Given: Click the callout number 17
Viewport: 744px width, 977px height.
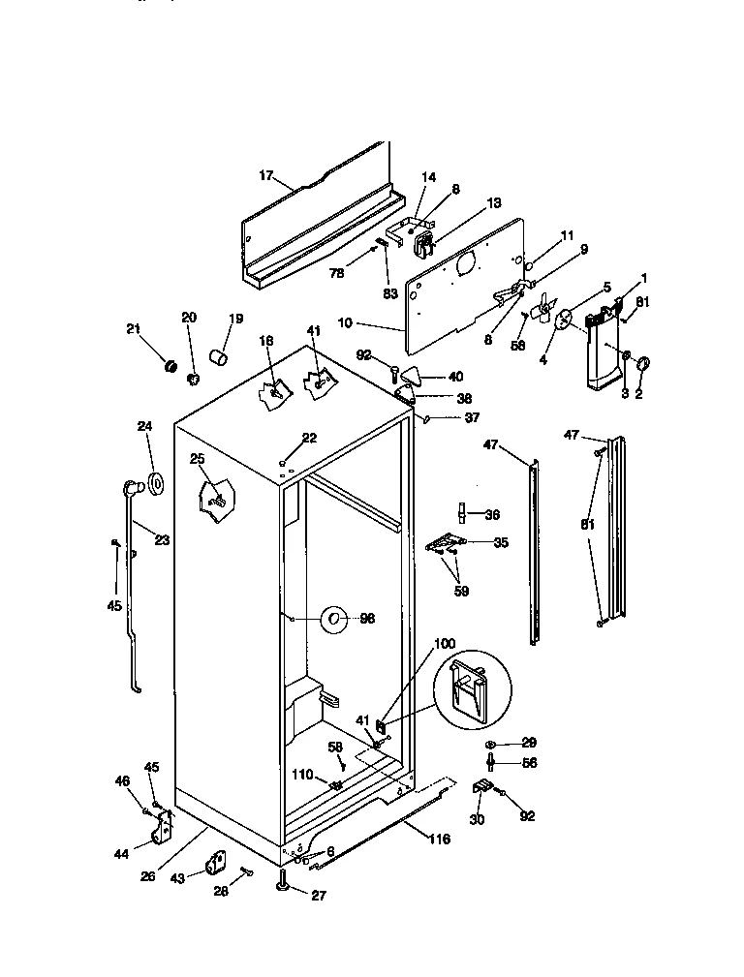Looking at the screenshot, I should (x=266, y=175).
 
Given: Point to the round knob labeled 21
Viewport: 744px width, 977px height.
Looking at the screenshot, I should (x=170, y=366).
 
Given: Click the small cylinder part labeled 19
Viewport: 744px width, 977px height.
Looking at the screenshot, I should (x=220, y=361).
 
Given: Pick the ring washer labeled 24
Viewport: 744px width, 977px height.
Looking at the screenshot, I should (x=152, y=482).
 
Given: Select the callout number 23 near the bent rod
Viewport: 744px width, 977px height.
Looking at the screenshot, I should (x=162, y=540).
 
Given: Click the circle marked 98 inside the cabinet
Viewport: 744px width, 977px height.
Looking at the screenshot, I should (x=333, y=618).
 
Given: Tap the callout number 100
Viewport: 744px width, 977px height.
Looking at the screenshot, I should (x=444, y=644).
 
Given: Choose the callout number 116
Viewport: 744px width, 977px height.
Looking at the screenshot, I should (x=439, y=839).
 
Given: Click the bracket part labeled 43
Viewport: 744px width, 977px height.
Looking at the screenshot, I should (x=214, y=863).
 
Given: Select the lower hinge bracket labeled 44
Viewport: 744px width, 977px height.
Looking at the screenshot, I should (x=165, y=828).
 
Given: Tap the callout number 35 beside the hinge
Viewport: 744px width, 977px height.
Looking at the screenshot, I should (x=500, y=543).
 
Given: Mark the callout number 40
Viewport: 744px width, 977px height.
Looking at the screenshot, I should (x=455, y=377).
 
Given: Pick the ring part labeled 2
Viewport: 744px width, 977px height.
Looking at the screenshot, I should (x=645, y=365).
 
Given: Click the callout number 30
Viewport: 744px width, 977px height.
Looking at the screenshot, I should (x=477, y=819).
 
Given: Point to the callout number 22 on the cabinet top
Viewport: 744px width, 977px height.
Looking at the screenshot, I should (x=309, y=439).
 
